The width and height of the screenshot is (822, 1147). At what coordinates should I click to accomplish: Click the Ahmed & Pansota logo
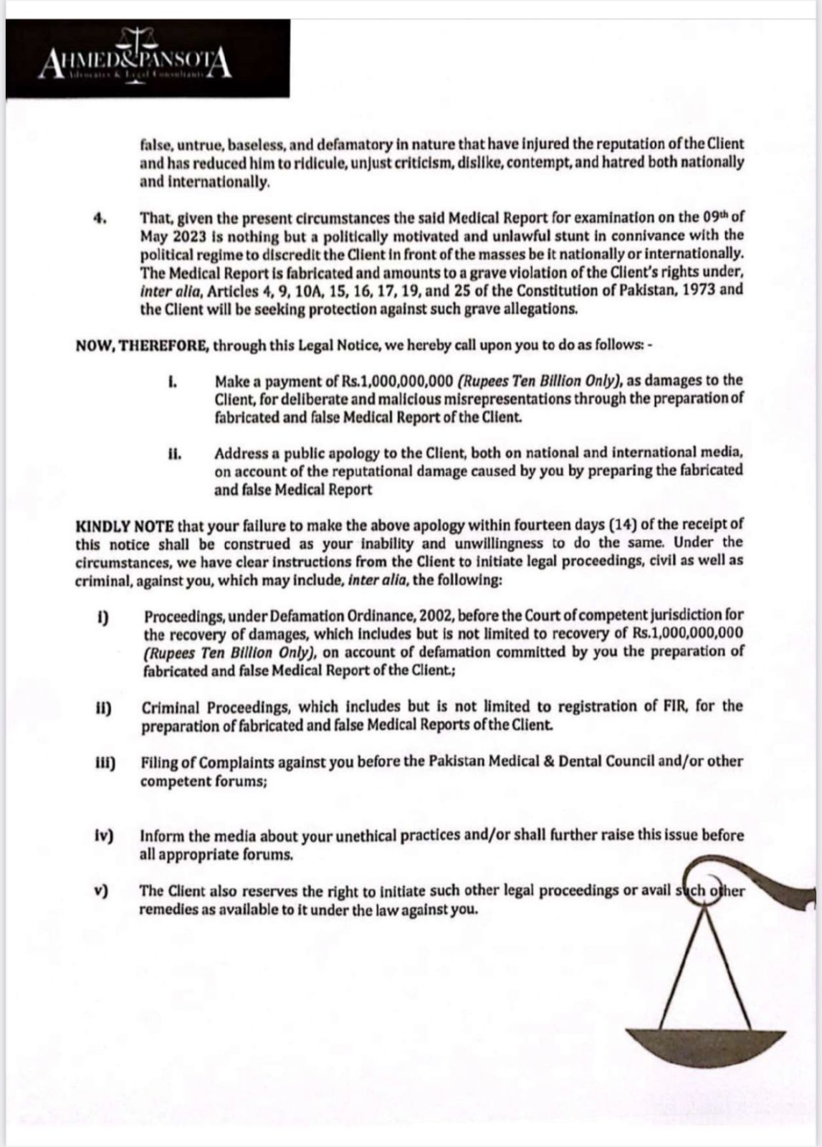[x=136, y=61]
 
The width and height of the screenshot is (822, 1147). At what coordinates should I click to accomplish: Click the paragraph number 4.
[x=100, y=218]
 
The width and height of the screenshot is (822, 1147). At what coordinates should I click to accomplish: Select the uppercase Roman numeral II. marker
[x=174, y=454]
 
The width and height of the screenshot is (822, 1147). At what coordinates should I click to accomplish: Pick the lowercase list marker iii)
[x=105, y=762]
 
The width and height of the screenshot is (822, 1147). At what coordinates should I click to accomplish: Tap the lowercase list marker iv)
[x=105, y=836]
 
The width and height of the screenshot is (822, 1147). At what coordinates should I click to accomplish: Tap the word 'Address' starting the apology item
[x=240, y=454]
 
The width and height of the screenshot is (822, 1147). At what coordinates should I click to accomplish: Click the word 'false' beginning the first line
[x=154, y=144]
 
